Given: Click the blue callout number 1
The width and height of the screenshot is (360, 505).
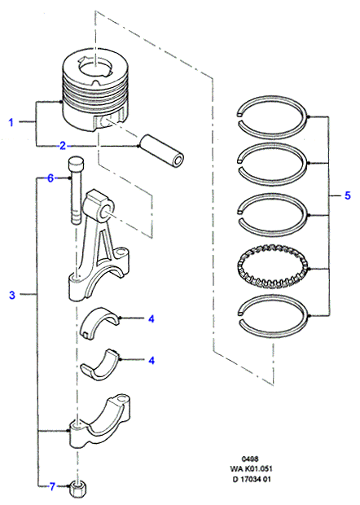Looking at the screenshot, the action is tap(11, 122).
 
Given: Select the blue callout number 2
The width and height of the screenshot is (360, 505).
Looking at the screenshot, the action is tap(63, 146).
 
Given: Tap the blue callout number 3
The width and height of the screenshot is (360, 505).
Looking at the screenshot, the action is tap(12, 295).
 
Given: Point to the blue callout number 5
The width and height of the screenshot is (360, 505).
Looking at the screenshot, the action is tap(348, 195).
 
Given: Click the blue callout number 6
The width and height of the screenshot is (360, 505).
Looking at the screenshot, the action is tap(50, 178).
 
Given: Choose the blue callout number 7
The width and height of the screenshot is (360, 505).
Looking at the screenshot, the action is tap(52, 486).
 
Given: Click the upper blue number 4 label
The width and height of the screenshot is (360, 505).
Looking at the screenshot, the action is tap(151, 318).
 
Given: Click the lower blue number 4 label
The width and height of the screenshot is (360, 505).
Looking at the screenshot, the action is tap(151, 360).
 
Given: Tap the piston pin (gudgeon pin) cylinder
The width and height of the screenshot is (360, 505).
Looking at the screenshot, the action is tap(162, 151).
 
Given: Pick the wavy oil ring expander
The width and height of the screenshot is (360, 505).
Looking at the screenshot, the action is tap(272, 266).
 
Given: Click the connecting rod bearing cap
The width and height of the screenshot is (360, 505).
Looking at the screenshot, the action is tap(100, 422).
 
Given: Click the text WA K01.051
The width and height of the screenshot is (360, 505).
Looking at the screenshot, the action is tap(251, 468).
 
